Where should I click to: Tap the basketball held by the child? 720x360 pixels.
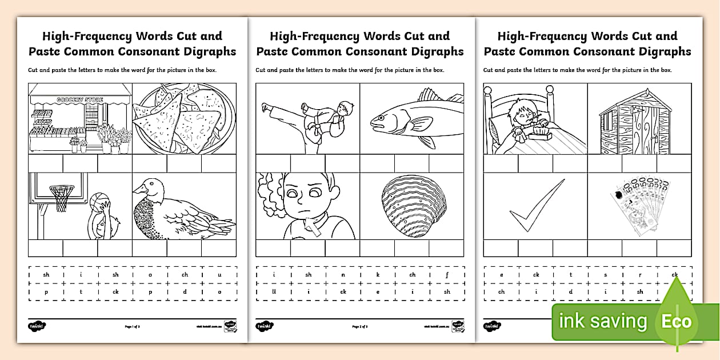click(x=99, y=201)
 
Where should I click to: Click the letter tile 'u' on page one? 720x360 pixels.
click(x=219, y=275)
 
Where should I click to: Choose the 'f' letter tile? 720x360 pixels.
click(x=447, y=275)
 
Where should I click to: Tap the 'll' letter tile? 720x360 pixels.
click(x=274, y=291)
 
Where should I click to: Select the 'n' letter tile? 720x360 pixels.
click(x=343, y=275)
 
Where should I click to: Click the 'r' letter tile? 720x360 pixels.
click(x=640, y=275)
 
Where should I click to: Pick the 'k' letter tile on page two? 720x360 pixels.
click(x=378, y=275)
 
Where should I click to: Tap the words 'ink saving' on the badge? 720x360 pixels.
click(x=603, y=322)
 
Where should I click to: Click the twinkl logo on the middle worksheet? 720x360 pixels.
click(x=264, y=326)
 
